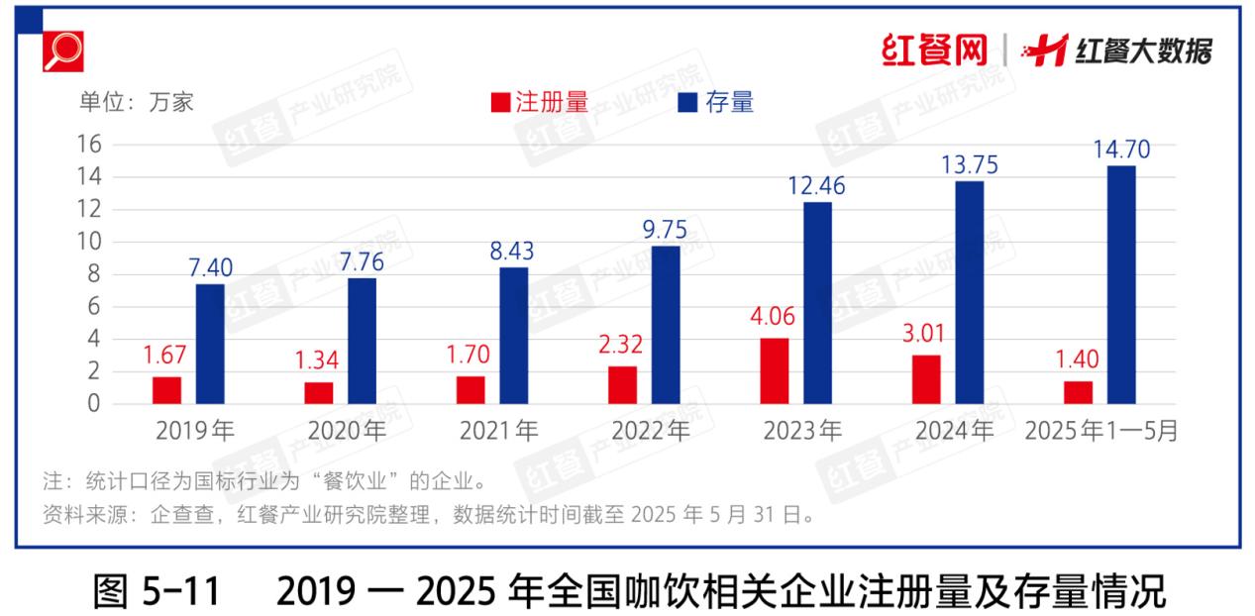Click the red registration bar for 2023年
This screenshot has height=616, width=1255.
coord(775,371)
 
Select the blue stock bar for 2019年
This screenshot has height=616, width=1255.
coord(210,344)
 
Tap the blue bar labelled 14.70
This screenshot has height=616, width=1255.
coord(1121,285)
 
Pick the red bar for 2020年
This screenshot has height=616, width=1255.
coord(319,393)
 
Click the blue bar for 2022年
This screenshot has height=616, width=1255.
coord(666,325)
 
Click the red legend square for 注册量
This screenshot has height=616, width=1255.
coord(500,103)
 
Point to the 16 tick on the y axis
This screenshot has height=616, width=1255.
coord(89,145)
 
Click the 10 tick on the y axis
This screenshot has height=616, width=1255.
coord(89,242)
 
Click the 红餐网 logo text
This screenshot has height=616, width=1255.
coord(934,50)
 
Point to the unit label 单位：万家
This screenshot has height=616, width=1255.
coord(138,102)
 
